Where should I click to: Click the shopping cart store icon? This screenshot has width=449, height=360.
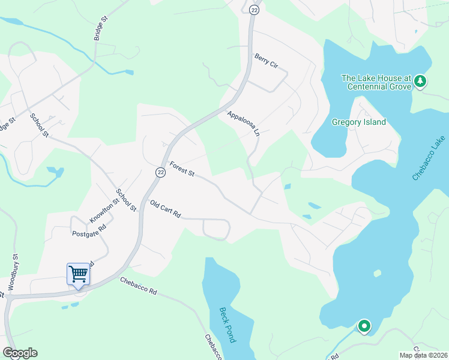[78, 275]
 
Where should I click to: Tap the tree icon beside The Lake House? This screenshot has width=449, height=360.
[421, 81]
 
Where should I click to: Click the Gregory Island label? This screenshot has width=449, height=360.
[359, 122]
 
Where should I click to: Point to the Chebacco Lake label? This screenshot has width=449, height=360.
[430, 157]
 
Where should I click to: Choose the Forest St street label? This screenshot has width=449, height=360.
[182, 169]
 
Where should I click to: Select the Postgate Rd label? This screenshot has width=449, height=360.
[89, 231]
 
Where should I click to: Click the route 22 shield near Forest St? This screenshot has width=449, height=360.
[160, 172]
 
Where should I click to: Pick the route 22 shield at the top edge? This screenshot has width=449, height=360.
[254, 10]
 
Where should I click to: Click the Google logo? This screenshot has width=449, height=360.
[20, 353]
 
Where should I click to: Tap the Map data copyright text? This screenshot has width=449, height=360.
[423, 355]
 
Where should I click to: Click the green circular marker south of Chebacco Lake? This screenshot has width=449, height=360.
[364, 327]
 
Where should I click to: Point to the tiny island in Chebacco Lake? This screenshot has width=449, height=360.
[377, 274]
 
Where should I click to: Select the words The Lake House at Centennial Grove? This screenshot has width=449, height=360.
[376, 82]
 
